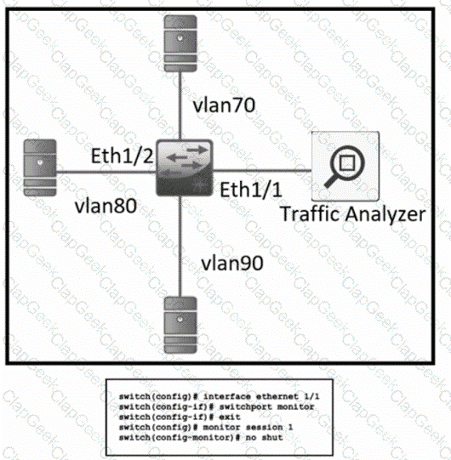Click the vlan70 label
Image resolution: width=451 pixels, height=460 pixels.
pos(224,105)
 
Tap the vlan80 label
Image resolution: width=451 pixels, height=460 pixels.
pos(106,206)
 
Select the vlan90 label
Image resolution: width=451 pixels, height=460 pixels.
pos(232,263)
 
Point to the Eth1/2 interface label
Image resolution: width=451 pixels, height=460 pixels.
pos(123,156)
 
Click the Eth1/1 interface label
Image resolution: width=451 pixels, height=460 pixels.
pos(251,190)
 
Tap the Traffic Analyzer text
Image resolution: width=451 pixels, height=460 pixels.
pos(353,214)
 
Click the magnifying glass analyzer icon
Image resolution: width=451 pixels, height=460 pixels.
pos(345,166)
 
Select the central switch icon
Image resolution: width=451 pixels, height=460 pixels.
pos(185,168)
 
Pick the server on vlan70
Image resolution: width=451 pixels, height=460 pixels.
pos(180,43)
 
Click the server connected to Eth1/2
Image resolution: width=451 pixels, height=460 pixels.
pos(40,168)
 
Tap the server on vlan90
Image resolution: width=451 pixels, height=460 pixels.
pos(180,325)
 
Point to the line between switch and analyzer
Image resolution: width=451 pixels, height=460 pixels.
pos(262,170)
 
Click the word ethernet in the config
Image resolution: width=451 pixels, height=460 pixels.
pos(277,396)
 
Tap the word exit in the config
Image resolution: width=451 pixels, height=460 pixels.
pos(230,417)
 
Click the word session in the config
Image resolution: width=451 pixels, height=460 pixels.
pos(265,427)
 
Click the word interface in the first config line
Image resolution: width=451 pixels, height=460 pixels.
pos(227,396)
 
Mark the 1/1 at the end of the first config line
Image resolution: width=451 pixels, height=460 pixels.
pos(311,396)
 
